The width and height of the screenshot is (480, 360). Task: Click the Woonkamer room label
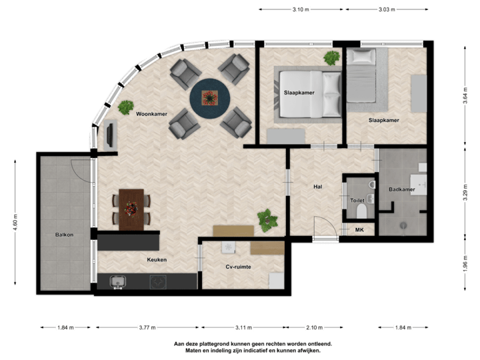click(x=151, y=114)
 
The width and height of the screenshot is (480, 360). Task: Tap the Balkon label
click(x=64, y=235)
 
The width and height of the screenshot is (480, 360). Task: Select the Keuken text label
click(x=157, y=259)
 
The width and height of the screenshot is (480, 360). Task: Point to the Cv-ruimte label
click(x=238, y=267)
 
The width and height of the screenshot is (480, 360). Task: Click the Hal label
click(x=317, y=187)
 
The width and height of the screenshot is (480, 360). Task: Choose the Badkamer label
click(x=401, y=190)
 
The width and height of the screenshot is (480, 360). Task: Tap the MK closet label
click(x=359, y=230)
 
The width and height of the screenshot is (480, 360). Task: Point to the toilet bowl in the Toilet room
click(x=361, y=211)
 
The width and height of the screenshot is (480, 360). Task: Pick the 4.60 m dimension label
click(x=15, y=219)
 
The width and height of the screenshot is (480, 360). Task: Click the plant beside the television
click(x=126, y=106)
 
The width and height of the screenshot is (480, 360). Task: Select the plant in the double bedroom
click(x=331, y=58)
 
